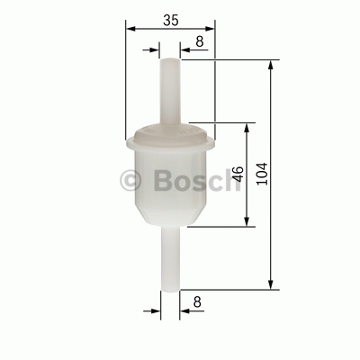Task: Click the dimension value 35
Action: click(171, 20)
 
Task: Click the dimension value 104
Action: click(262, 174)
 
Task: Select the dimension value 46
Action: click(238, 174)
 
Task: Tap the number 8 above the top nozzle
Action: click(200, 41)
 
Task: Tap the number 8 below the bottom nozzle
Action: click(197, 301)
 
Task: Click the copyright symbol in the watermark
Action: click(130, 181)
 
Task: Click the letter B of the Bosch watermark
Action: click(163, 180)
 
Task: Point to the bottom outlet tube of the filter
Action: click(170, 258)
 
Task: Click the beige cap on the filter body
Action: click(170, 133)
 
